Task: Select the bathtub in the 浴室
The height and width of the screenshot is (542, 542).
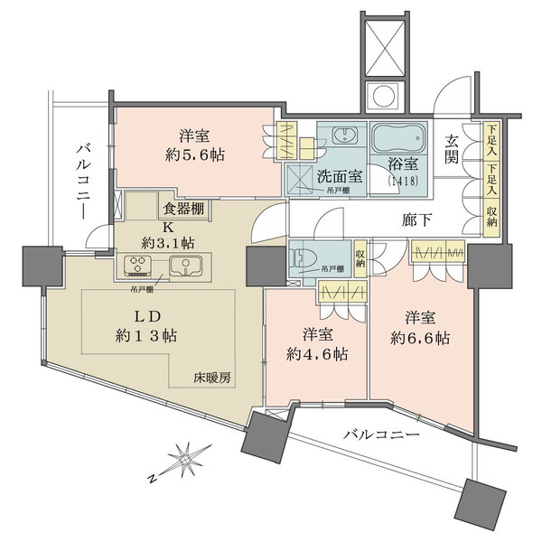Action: (x=397, y=139)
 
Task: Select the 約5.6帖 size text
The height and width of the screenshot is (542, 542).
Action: (x=195, y=154)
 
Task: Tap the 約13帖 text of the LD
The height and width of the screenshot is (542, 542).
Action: (x=145, y=335)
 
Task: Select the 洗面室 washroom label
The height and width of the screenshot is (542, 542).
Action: (x=339, y=176)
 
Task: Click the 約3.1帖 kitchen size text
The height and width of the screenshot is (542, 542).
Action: (x=168, y=242)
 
